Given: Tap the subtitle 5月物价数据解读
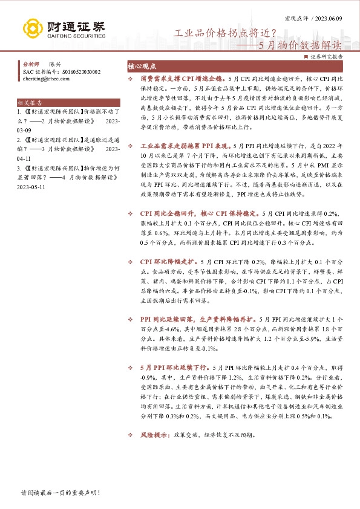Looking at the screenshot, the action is (300, 45).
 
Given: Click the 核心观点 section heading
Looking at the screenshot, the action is (143, 68).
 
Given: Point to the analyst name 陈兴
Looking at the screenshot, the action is (54, 63).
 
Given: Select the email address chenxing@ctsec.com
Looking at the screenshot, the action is (44, 79).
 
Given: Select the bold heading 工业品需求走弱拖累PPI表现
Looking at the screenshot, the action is (185, 163).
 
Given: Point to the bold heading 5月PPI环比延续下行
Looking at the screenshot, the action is (174, 367).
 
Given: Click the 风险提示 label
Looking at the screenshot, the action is (154, 435).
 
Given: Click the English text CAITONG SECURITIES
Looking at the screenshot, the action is (74, 36).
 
